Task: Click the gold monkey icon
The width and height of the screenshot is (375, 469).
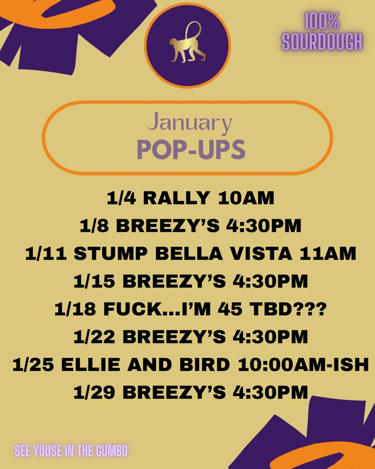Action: click(x=187, y=44)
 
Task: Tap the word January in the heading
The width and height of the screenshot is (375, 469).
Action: click(x=190, y=124)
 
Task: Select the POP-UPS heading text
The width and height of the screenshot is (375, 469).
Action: click(x=191, y=150)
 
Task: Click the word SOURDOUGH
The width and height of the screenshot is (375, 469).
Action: click(x=322, y=42)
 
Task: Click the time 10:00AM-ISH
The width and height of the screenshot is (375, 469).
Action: click(x=303, y=365)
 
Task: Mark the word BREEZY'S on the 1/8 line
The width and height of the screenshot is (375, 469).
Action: click(x=161, y=226)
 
